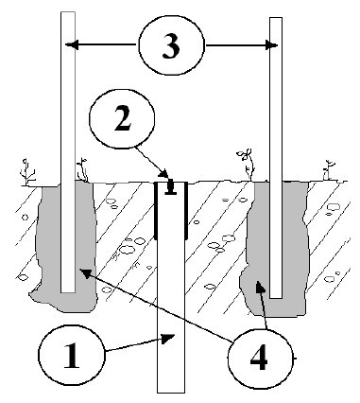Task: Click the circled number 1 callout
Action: [71, 355]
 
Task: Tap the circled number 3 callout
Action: [171, 44]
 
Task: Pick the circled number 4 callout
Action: [260, 359]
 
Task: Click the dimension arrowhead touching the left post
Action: [71, 44]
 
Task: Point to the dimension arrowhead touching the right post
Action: [271, 45]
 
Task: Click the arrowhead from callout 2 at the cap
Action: [163, 173]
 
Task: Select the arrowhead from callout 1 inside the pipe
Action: [168, 339]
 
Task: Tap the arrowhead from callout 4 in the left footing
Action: [86, 272]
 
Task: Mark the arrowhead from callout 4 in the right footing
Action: [260, 287]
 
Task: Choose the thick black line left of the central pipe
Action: [156, 211]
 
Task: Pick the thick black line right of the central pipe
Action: [186, 211]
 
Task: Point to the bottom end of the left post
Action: [68, 292]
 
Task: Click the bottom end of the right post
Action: [276, 297]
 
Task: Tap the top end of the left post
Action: [68, 12]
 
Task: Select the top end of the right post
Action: [276, 18]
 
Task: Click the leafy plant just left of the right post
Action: [246, 164]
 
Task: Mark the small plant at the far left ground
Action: [26, 172]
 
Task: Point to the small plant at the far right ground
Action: [329, 170]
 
